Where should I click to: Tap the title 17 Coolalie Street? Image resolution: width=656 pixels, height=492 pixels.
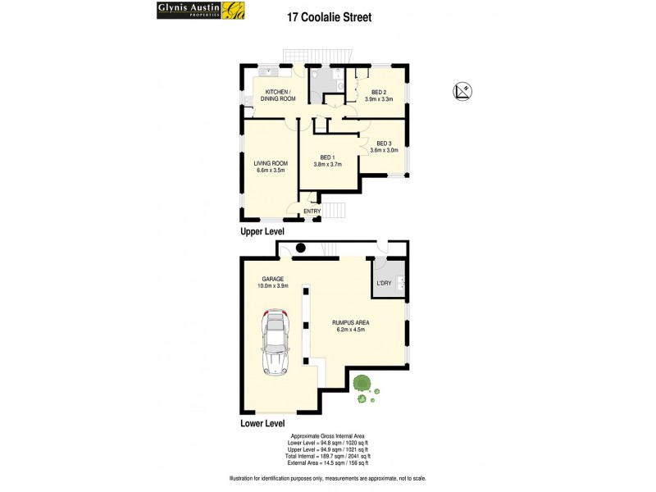330,15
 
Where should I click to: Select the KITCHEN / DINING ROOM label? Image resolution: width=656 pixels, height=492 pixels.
278,95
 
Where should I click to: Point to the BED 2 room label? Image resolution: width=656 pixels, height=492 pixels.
378,92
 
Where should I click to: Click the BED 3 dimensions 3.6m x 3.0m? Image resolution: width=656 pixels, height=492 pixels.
384,150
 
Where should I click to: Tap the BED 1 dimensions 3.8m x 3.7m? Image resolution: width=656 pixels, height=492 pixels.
326,163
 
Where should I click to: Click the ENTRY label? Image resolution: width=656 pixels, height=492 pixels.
312,212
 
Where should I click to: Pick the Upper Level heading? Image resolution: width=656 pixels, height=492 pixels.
262,232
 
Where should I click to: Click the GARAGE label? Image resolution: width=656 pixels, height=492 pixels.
273,279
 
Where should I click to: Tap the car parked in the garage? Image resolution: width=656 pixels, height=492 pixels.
276,342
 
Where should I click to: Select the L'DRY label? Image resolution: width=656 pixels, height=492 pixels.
382,283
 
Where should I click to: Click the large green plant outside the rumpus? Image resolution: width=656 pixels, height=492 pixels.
361,384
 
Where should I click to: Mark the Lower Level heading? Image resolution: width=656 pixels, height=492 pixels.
262,424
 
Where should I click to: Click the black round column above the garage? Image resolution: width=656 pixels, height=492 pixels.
300,248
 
